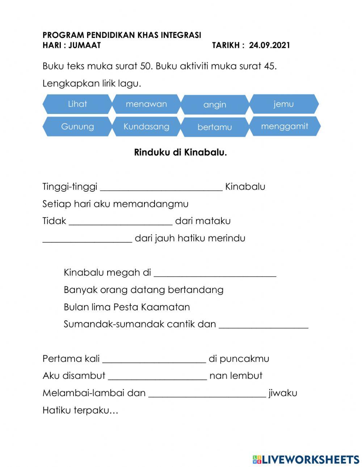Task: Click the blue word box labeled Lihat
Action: click(77, 104)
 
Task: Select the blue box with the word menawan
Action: click(146, 104)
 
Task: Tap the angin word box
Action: click(215, 105)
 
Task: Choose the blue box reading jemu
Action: click(284, 104)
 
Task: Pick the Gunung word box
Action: click(77, 127)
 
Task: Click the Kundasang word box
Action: click(146, 127)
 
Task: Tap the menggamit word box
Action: click(285, 126)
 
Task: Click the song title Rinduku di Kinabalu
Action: click(180, 152)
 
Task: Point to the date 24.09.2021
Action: click(269, 45)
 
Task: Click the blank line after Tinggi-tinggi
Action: click(161, 187)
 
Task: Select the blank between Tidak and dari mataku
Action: click(121, 221)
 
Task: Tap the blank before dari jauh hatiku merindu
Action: click(87, 239)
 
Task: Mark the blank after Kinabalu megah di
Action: click(215, 273)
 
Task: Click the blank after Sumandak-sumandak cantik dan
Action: click(264, 325)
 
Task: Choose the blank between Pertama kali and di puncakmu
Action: click(154, 359)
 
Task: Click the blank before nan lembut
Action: click(157, 376)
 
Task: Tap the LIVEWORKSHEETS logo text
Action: click(310, 459)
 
